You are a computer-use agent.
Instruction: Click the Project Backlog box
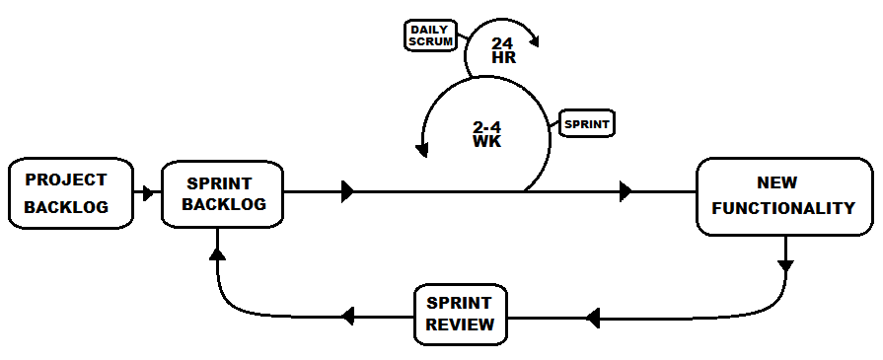click(x=69, y=193)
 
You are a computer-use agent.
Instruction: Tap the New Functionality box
click(x=783, y=196)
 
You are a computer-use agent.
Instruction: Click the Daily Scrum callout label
click(x=430, y=36)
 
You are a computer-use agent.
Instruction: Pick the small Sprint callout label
click(x=587, y=125)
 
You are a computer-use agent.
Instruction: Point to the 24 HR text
click(x=501, y=50)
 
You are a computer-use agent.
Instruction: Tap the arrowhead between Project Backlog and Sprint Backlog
click(x=148, y=193)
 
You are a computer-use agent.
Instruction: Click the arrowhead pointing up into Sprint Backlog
click(x=217, y=254)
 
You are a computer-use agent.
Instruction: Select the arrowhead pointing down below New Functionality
click(x=785, y=265)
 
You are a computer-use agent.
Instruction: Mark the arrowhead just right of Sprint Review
click(x=592, y=318)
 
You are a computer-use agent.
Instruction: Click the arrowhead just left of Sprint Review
click(x=346, y=317)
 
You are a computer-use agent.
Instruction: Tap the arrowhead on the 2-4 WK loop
click(x=423, y=149)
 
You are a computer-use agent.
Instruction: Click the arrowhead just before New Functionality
click(x=625, y=192)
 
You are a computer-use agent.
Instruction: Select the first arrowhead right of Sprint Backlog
click(x=346, y=192)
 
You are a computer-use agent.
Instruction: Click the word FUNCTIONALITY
click(x=783, y=208)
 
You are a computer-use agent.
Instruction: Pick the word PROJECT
click(x=66, y=180)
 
